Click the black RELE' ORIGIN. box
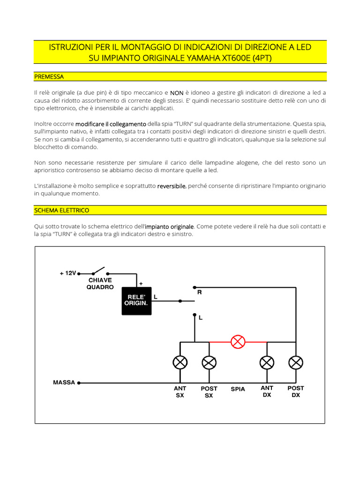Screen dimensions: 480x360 click(x=136, y=300)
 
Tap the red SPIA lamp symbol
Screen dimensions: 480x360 click(x=238, y=342)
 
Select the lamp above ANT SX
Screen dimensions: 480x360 click(x=180, y=362)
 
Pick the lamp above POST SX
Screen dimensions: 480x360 click(x=209, y=362)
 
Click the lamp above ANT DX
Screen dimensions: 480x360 click(x=267, y=362)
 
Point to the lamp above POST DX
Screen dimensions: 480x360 click(x=295, y=362)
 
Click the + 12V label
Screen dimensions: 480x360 click(x=67, y=273)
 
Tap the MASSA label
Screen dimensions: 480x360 click(x=64, y=382)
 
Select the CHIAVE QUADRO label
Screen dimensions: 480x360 click(x=100, y=284)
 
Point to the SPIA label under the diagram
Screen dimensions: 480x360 click(x=238, y=389)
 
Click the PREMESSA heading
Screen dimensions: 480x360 click(x=49, y=76)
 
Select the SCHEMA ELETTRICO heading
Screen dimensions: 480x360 click(x=62, y=210)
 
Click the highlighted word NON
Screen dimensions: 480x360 click(x=177, y=93)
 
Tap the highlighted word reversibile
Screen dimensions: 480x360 click(x=172, y=186)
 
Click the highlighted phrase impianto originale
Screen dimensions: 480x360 click(x=169, y=226)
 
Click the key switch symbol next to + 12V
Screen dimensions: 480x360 click(x=99, y=271)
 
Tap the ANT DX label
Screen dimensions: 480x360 click(x=267, y=391)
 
